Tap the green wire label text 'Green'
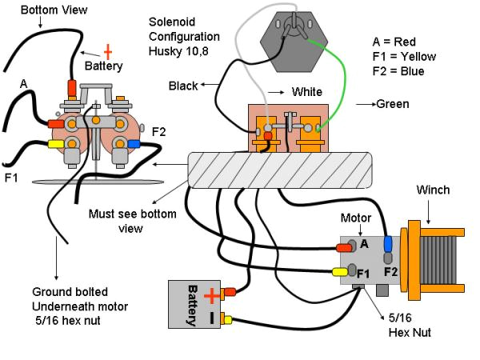392,104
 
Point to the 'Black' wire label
184,85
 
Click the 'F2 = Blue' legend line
398,70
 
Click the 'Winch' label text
434,190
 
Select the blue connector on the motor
388,243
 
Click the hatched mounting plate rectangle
279,169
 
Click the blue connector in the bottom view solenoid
134,145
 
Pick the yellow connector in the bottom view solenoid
57,145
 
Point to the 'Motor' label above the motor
356,217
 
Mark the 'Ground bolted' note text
70,291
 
